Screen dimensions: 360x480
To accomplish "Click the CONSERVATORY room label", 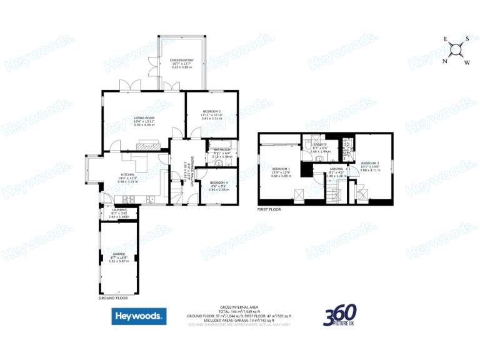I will tap(182, 61).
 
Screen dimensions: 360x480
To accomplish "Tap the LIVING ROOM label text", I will tap(144, 117).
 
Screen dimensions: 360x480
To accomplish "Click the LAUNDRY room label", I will tap(118, 209).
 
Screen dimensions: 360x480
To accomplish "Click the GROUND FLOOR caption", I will tap(113, 299).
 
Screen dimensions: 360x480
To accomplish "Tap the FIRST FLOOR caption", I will tap(269, 209).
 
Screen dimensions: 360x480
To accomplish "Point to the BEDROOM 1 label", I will tap(281, 169).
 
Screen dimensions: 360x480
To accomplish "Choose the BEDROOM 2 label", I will tap(371, 163).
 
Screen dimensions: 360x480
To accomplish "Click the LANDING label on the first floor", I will tap(336, 168).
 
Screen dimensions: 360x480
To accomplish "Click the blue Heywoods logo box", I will tap(139, 316).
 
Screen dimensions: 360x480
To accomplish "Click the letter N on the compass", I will tap(445, 61).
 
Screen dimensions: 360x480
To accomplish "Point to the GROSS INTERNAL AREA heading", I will tap(239, 307).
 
